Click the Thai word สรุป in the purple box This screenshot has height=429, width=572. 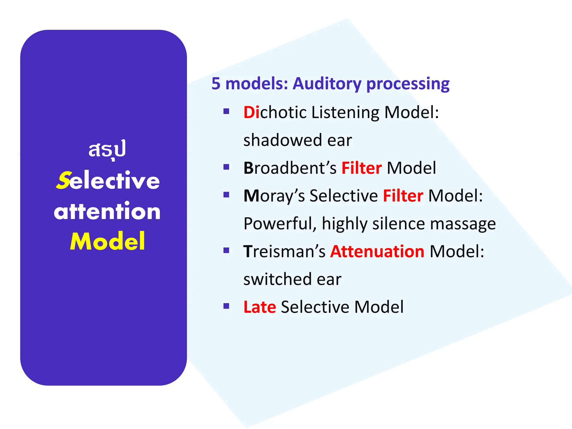[x=107, y=150]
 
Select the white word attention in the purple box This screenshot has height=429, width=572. [x=107, y=211]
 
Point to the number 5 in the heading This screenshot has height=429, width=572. [x=216, y=84]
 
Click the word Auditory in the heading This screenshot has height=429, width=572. [x=327, y=84]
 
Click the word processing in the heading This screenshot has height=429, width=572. [x=408, y=84]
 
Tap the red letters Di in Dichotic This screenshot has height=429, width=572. [x=251, y=112]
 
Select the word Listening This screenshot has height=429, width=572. [x=345, y=112]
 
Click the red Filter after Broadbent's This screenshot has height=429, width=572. [x=361, y=168]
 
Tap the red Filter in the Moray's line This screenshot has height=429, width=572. [x=403, y=196]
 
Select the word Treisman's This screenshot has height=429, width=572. [x=284, y=251]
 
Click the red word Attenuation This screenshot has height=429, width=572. [x=377, y=251]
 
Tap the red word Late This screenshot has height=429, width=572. [x=260, y=307]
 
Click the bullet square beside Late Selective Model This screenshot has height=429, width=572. [x=226, y=306]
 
